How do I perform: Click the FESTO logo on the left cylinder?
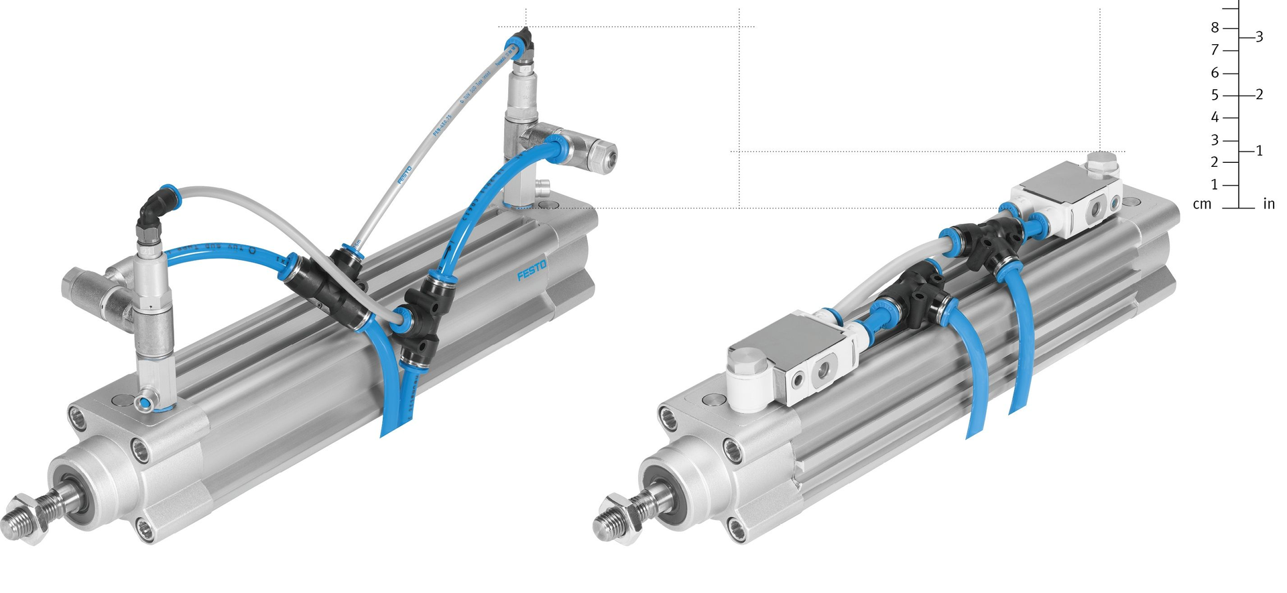[532, 271]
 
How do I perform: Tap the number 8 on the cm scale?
[1215, 28]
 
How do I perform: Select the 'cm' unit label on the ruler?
[1203, 204]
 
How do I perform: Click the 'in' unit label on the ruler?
[1268, 204]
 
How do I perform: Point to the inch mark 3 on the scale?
[1259, 38]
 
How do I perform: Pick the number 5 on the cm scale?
[1215, 95]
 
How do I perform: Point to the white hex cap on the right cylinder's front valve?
[747, 366]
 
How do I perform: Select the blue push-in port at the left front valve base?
[145, 403]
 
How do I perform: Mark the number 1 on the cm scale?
[1215, 185]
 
